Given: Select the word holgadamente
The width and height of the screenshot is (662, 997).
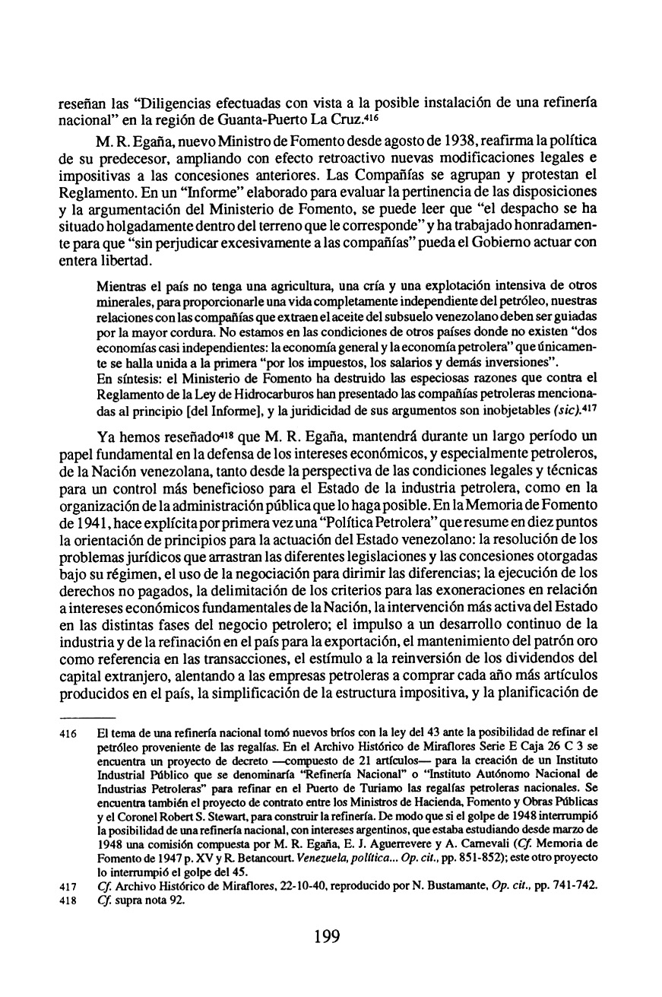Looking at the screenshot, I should (141, 226).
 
